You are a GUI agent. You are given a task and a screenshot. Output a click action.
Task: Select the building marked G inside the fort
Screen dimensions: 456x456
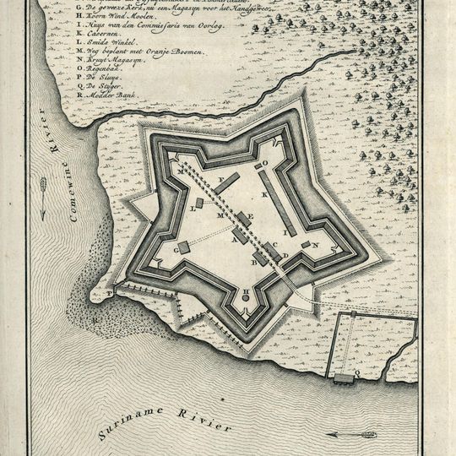coord(184,247)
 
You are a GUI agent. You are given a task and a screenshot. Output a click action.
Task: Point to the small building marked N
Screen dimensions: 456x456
coord(306,245)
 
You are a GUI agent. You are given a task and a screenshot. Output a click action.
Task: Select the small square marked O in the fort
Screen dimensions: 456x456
coord(258,165)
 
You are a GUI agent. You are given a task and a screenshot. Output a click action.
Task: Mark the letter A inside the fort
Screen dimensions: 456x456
coord(234,239)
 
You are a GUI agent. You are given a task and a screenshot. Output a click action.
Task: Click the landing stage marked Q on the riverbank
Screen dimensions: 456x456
coord(345,377)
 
